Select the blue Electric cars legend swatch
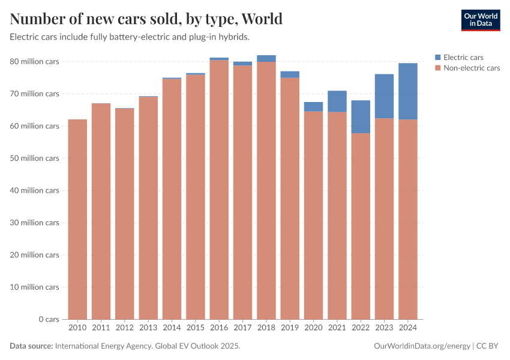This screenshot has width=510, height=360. click(x=437, y=58)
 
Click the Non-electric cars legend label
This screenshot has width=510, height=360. click(x=471, y=68)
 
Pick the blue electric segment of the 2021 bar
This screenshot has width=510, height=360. click(x=337, y=101)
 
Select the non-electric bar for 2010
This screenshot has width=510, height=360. click(x=77, y=219)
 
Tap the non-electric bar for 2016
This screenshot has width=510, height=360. click(x=219, y=190)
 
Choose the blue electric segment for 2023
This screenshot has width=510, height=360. click(x=385, y=96)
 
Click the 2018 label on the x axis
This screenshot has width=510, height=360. click(x=266, y=328)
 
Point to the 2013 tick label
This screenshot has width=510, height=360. click(x=148, y=328)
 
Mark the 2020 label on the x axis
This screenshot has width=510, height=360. click(x=313, y=328)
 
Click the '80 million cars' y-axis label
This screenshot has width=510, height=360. click(x=34, y=62)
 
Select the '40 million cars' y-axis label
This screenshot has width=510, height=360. click(x=34, y=191)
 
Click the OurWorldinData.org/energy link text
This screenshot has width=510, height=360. click(x=422, y=346)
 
